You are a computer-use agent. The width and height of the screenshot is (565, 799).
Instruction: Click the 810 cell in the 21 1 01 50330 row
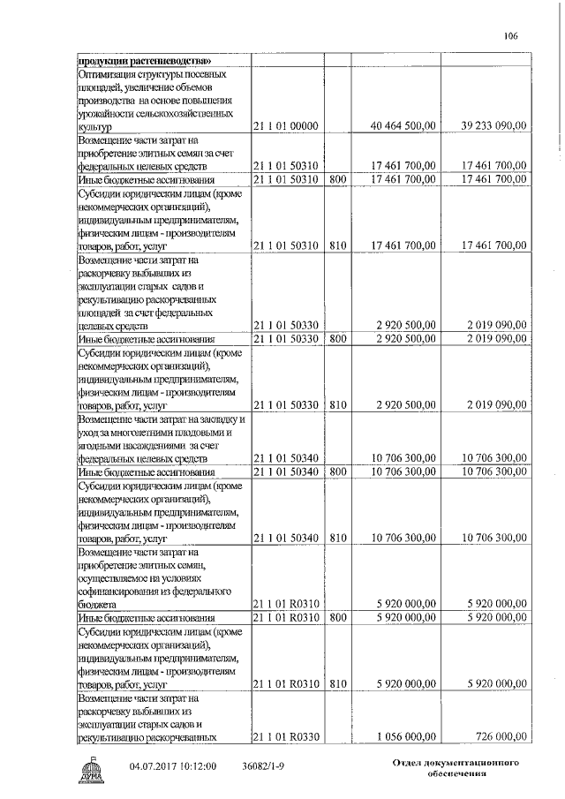coord(336,405)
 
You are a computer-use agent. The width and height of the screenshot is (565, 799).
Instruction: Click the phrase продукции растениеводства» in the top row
coord(144,60)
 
